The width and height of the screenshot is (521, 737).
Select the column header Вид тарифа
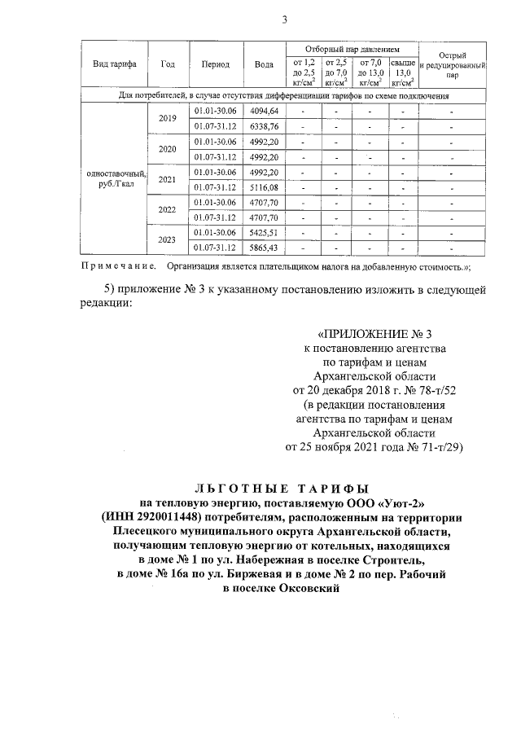click(x=114, y=64)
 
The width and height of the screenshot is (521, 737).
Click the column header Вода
click(x=263, y=64)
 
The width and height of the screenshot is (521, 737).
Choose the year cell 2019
click(x=168, y=118)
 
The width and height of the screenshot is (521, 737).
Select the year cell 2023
click(x=168, y=239)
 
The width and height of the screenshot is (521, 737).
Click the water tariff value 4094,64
click(x=264, y=110)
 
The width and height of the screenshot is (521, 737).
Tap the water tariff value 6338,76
click(x=264, y=125)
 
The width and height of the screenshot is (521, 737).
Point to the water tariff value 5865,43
click(x=264, y=248)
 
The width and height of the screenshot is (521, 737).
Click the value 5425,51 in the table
click(x=264, y=232)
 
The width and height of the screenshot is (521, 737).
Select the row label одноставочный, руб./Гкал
click(x=115, y=179)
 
